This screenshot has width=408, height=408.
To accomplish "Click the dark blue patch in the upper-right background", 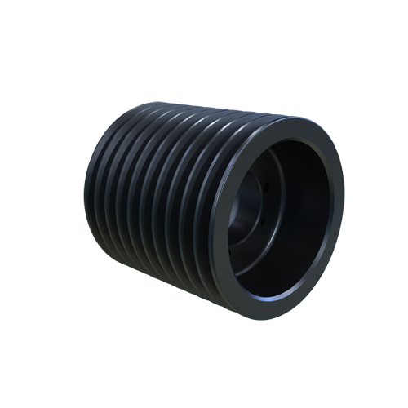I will click(x=330, y=114).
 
